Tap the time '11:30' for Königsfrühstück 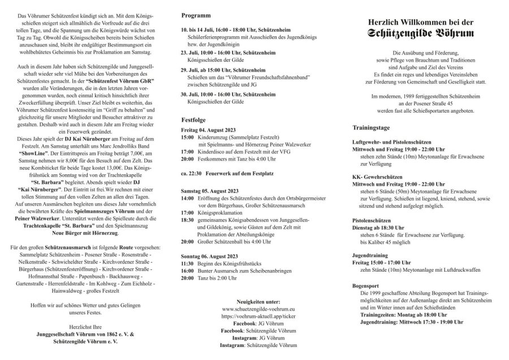coord(187,264)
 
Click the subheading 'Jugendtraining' coord(371,255)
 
